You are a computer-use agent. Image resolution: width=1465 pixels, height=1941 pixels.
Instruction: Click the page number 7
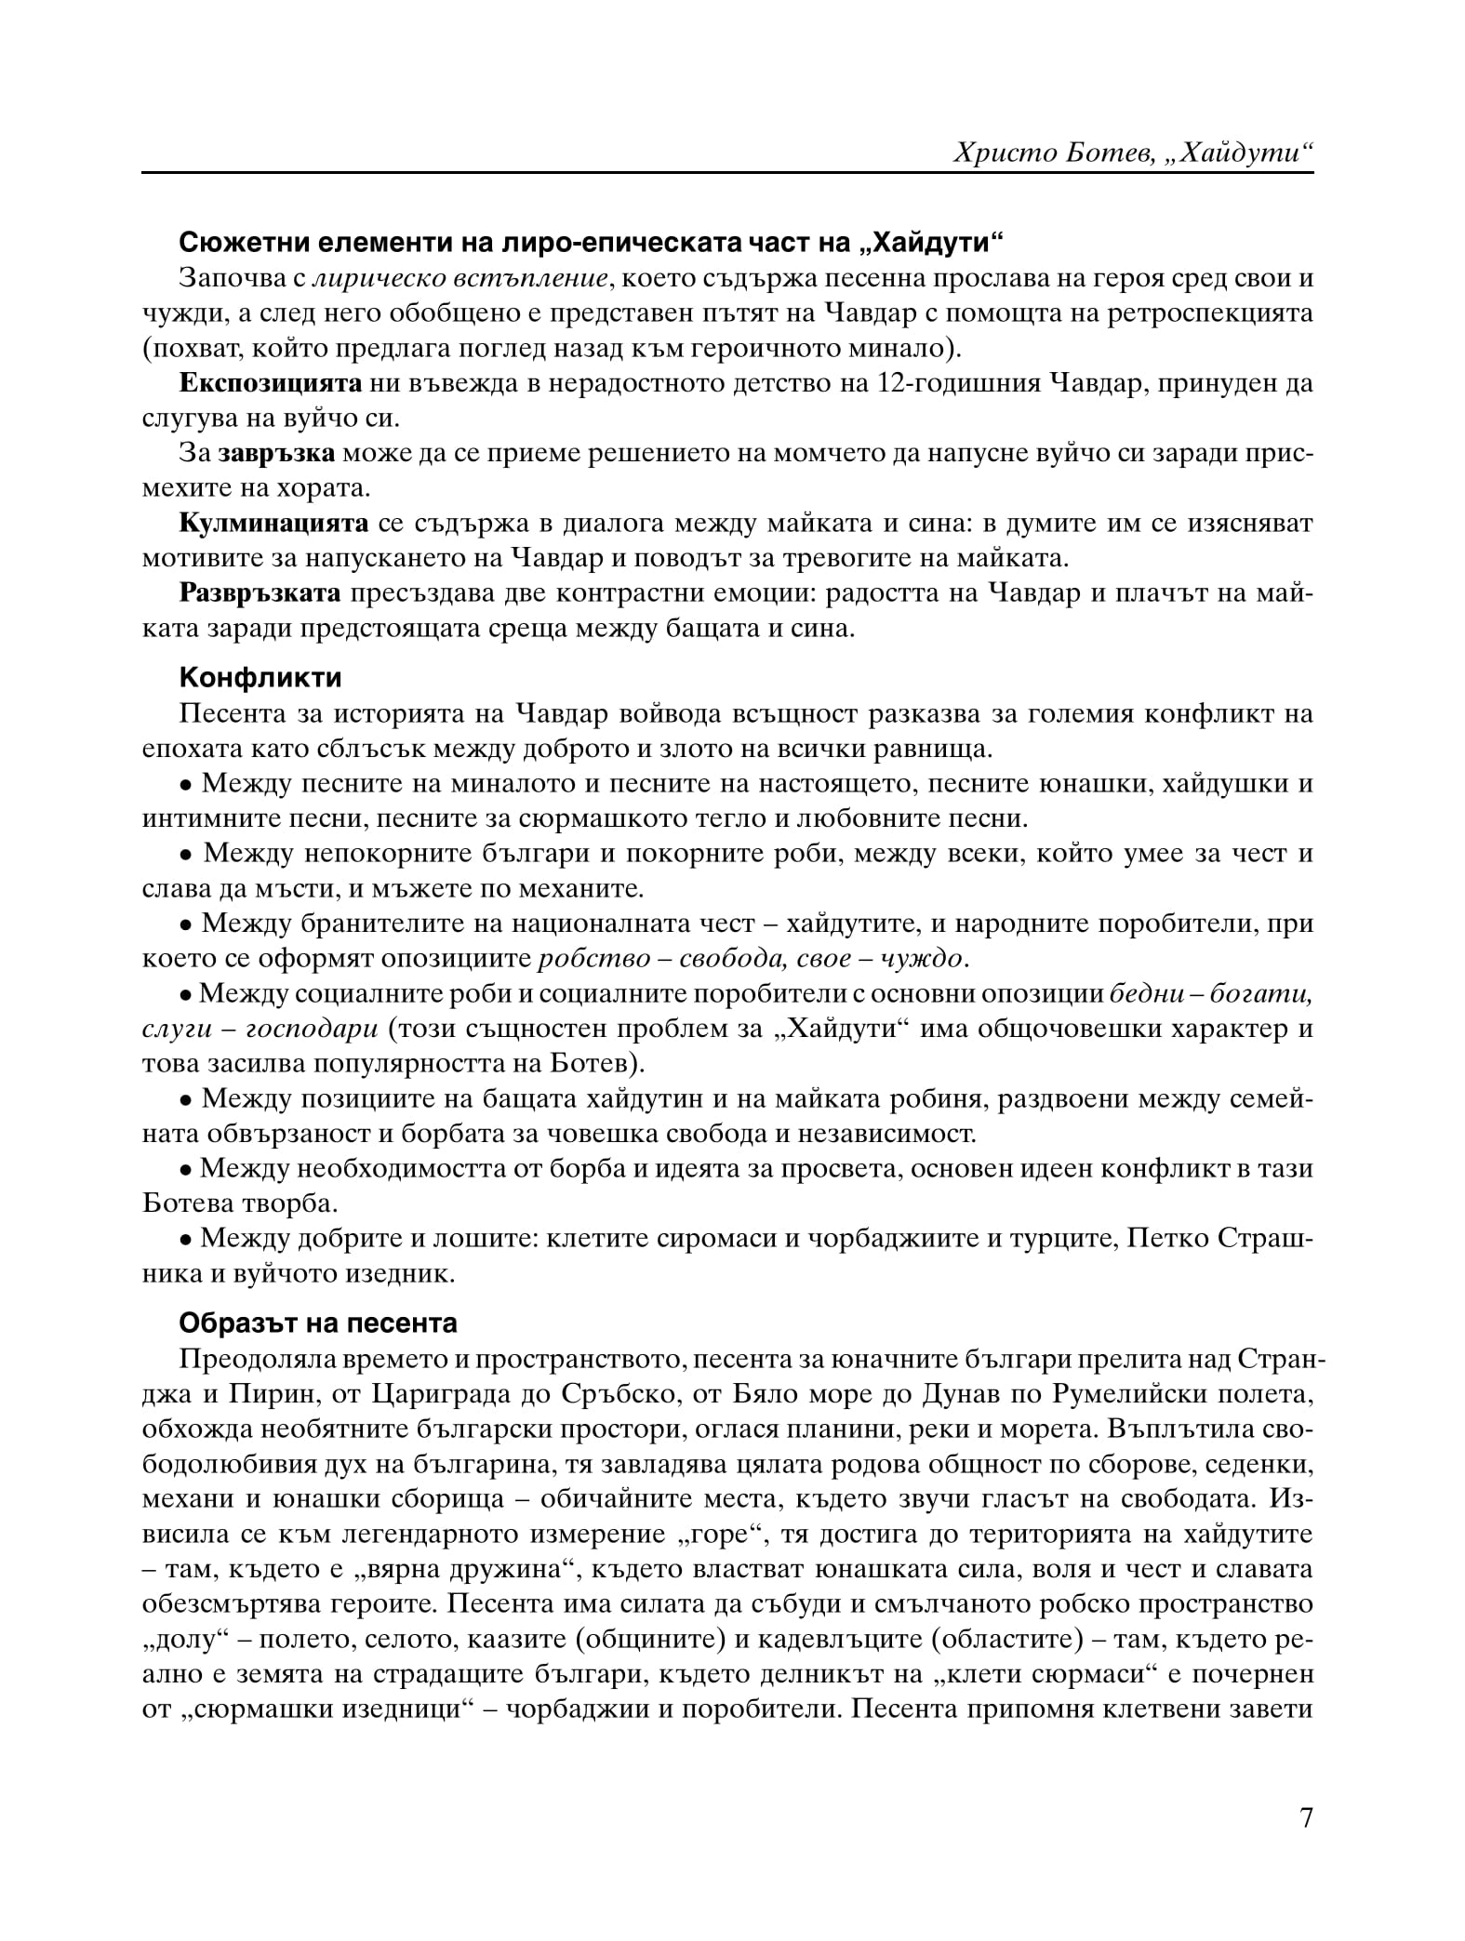(1305, 1842)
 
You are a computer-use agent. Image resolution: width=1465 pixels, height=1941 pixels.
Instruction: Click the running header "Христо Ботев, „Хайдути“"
(1133, 153)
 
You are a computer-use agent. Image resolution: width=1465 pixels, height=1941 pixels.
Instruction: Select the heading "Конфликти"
(260, 677)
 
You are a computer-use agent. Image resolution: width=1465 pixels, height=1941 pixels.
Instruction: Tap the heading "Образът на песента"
(317, 1322)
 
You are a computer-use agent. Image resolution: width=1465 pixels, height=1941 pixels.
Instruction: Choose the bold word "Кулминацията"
(274, 523)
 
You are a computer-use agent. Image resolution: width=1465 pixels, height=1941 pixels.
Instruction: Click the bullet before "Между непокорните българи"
(186, 855)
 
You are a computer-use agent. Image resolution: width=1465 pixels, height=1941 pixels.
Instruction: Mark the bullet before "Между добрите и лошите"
(186, 1240)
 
